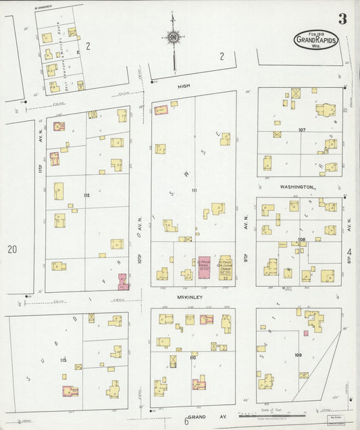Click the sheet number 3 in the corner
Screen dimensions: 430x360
coord(342,19)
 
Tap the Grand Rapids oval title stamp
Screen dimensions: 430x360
coord(315,40)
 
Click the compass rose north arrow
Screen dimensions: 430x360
coord(174,39)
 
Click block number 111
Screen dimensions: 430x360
coord(195,190)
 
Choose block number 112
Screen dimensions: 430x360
coord(86,195)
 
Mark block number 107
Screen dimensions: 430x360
coord(302,129)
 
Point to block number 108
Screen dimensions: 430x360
coord(301,239)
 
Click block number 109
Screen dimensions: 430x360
coord(298,354)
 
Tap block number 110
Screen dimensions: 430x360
coord(193,356)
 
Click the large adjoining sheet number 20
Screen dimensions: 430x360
coord(12,249)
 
